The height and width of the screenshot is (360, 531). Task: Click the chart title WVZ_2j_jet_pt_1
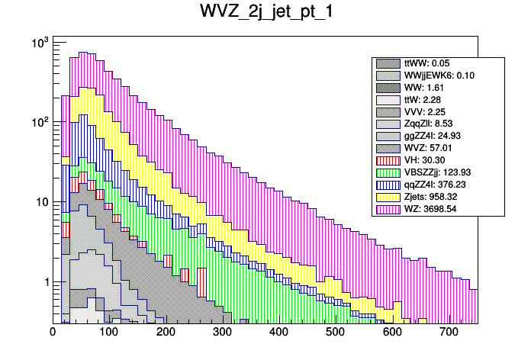tap(265, 13)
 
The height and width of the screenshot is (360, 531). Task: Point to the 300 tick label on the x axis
tap(222, 333)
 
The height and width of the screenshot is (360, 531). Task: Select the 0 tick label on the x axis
tap(53, 333)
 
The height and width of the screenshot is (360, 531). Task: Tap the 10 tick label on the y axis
tap(38, 202)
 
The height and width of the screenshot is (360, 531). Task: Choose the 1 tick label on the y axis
tap(42, 282)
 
